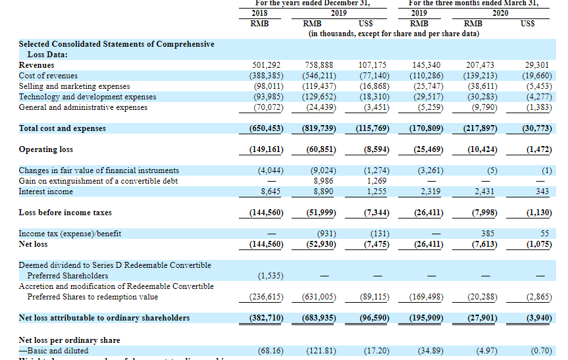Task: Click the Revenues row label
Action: [x=37, y=65]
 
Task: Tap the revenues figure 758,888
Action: [x=319, y=65]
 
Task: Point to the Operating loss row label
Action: [x=46, y=149]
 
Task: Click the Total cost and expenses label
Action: [x=62, y=128]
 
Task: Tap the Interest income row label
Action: [x=46, y=192]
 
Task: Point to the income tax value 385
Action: [x=489, y=234]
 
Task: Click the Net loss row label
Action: [x=34, y=244]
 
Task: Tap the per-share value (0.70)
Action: [x=540, y=351]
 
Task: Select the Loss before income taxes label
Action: [x=65, y=213]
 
